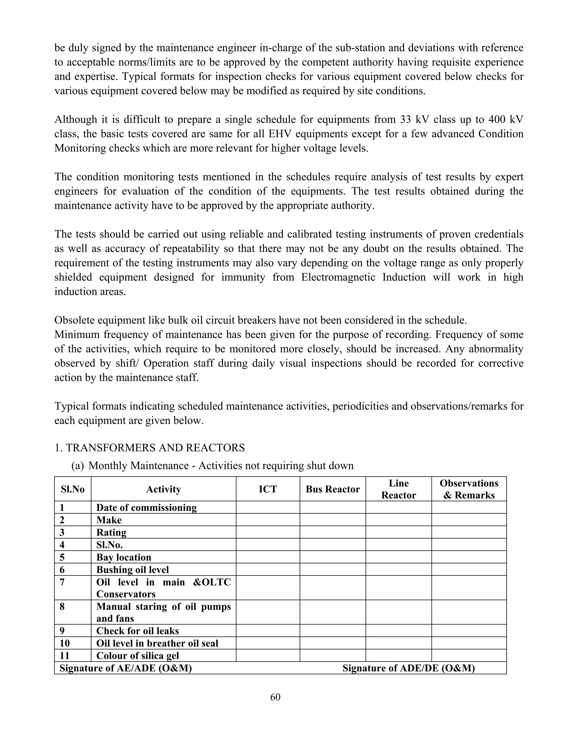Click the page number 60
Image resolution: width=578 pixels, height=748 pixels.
click(x=275, y=697)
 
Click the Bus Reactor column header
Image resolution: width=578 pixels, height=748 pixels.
click(x=332, y=489)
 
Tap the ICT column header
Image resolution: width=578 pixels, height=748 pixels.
click(x=268, y=489)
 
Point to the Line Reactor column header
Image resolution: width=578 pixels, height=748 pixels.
click(x=398, y=489)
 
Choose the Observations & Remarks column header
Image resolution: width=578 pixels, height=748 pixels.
click(x=469, y=489)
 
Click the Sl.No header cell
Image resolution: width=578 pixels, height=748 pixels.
click(x=73, y=489)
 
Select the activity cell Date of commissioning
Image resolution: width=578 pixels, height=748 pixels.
click(x=146, y=508)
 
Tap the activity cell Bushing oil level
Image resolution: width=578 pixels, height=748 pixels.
click(x=133, y=570)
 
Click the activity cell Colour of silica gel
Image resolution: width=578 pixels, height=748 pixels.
click(x=138, y=655)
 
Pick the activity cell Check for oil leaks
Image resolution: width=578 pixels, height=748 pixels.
click(x=138, y=631)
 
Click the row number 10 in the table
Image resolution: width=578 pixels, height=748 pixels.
click(x=65, y=643)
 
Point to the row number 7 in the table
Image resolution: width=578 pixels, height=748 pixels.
click(x=62, y=582)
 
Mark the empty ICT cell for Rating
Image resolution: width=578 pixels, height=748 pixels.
click(x=268, y=532)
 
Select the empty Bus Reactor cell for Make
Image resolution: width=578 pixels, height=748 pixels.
click(x=332, y=520)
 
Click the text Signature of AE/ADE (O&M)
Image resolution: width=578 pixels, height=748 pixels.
click(x=126, y=668)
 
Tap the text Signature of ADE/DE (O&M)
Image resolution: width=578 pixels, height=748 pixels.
click(x=408, y=668)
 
